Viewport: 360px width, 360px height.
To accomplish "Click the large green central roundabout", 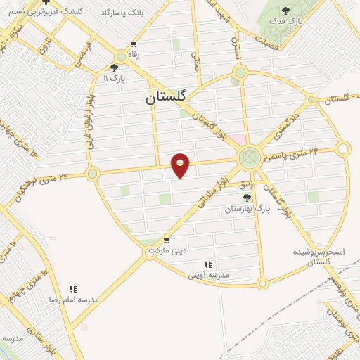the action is click(x=248, y=156).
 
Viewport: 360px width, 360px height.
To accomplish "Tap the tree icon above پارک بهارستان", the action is click(x=247, y=198).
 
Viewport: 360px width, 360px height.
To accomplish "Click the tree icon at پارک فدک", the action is click(x=285, y=11).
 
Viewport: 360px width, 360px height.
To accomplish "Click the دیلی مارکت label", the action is click(x=167, y=257).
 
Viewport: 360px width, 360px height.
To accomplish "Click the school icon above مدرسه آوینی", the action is click(x=208, y=264).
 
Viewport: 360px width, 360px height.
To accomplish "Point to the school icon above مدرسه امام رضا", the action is click(x=72, y=289).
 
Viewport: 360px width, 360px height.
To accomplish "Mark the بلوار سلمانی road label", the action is click(x=213, y=197).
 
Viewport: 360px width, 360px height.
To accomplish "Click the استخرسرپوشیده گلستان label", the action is click(x=321, y=256).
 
